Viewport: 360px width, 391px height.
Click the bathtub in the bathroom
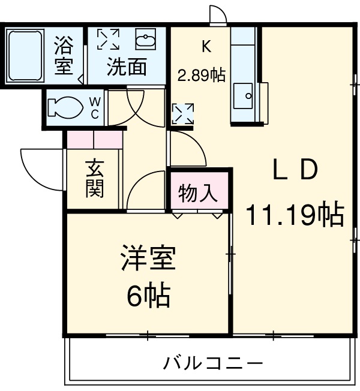tap(25, 56)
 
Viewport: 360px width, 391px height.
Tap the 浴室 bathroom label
tap(64, 56)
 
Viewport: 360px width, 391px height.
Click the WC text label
tap(95, 109)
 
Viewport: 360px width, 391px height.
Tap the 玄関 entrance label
tap(94, 178)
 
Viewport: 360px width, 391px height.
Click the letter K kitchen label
tap(206, 46)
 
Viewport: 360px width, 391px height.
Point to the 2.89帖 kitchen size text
tap(201, 76)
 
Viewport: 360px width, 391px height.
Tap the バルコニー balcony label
tap(213, 363)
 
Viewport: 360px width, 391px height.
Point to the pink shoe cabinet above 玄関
tap(94, 139)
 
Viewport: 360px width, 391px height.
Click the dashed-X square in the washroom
tap(109, 40)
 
